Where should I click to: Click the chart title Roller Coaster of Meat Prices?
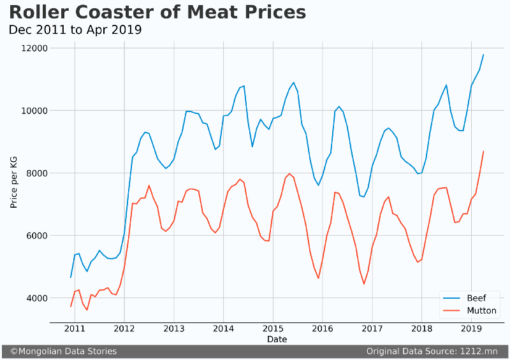click(x=157, y=12)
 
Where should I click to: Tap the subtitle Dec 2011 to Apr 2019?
click(x=75, y=30)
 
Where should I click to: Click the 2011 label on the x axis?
click(x=75, y=329)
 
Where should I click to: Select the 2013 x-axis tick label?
click(x=173, y=329)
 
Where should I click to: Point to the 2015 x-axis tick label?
click(x=273, y=329)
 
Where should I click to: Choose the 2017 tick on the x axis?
click(x=372, y=329)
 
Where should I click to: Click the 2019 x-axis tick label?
click(x=470, y=329)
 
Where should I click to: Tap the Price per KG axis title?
click(x=13, y=183)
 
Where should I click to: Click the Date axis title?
click(x=277, y=340)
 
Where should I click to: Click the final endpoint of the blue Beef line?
click(x=483, y=55)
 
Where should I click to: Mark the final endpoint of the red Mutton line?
click(x=483, y=152)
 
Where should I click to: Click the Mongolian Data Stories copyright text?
click(x=63, y=351)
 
